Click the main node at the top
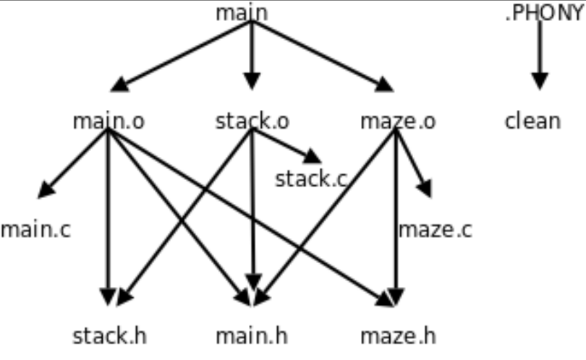point(242,13)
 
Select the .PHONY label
point(543,13)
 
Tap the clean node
point(532,120)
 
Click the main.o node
point(109,121)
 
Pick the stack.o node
point(252,121)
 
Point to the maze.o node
point(398,121)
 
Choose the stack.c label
point(312,179)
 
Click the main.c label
point(35,230)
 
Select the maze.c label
point(436,230)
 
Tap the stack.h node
point(109,336)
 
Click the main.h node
point(252,336)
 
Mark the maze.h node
point(398,336)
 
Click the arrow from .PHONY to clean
point(539,54)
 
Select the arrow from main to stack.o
point(251,54)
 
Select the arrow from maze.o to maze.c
point(413,163)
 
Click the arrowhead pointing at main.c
point(46,190)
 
